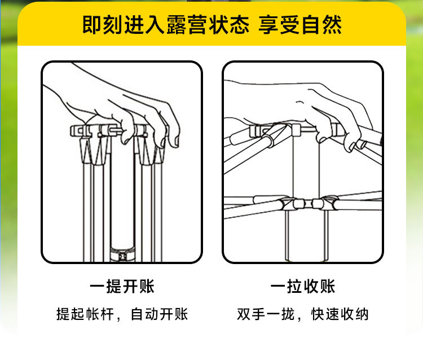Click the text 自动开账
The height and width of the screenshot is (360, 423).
pos(160,314)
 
